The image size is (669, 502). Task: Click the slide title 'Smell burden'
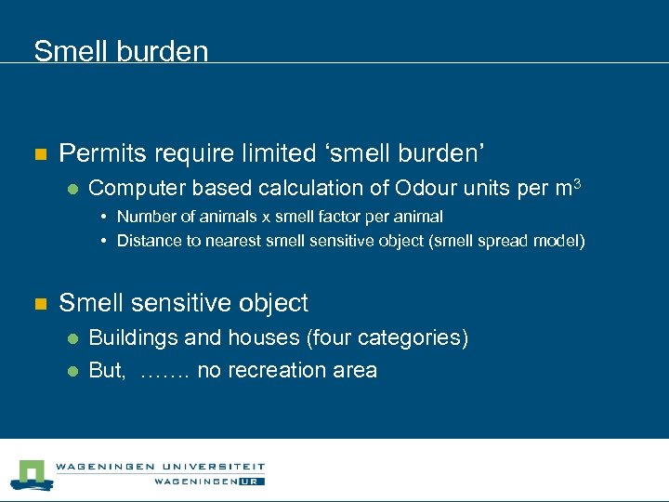coord(121,50)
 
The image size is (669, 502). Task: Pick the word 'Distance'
coord(149,241)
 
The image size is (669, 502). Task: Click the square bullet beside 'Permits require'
coord(39,153)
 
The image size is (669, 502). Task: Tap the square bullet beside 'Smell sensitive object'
coord(39,304)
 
